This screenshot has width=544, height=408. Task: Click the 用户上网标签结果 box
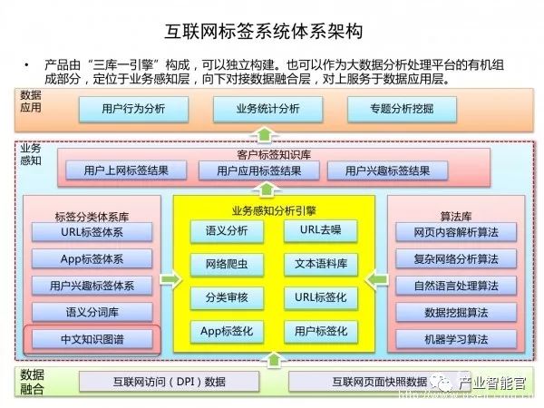121,170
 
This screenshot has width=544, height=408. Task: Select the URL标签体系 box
92,231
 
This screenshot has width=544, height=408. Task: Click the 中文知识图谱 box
92,339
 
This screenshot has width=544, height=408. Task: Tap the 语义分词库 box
92,312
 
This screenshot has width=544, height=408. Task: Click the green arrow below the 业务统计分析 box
264,134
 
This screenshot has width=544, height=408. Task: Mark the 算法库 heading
453,215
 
